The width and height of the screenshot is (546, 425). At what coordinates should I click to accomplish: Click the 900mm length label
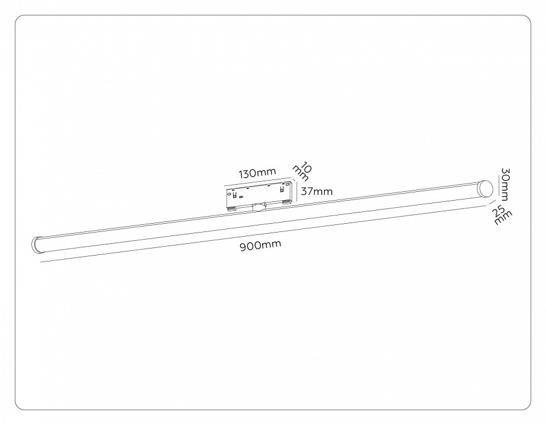pyautogui.click(x=260, y=246)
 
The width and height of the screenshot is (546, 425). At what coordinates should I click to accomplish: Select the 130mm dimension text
pyautogui.click(x=257, y=174)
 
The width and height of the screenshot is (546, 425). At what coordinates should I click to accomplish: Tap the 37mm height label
pyautogui.click(x=316, y=191)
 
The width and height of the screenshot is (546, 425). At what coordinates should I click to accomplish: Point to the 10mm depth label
pyautogui.click(x=305, y=171)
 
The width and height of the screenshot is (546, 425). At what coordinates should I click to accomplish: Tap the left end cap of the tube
pyautogui.click(x=38, y=245)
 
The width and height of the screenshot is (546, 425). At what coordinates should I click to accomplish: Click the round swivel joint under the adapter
pyautogui.click(x=259, y=207)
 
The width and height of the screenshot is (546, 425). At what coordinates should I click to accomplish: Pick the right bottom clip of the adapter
pyautogui.click(x=286, y=202)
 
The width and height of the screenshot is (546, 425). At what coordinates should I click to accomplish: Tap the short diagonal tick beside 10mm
pyautogui.click(x=295, y=179)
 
